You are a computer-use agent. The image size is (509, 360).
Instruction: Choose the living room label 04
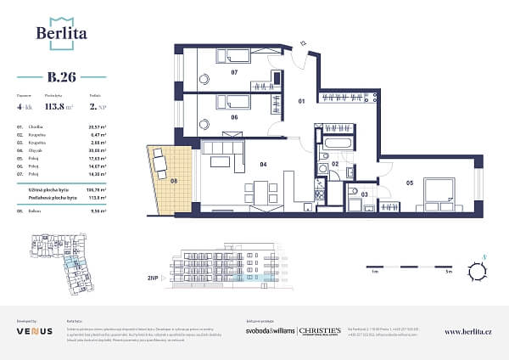[264, 164]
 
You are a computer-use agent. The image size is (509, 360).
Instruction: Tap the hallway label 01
[300, 103]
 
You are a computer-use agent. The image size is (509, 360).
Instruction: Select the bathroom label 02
[335, 163]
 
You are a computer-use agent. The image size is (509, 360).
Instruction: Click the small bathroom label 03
[366, 194]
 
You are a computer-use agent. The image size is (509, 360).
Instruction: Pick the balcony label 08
[173, 180]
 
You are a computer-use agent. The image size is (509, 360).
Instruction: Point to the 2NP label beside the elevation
[154, 278]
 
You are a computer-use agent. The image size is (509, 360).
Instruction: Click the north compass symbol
[481, 273]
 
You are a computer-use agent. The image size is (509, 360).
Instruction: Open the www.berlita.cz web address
[467, 331]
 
